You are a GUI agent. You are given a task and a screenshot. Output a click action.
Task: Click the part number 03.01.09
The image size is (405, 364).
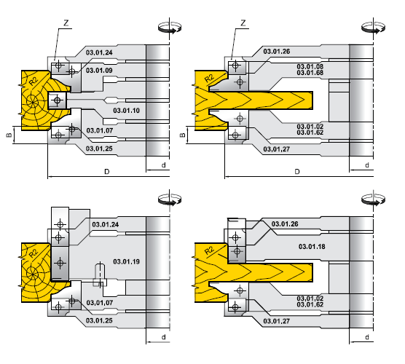pyautogui.click(x=99, y=70)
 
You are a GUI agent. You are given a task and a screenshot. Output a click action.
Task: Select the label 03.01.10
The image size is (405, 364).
pyautogui.click(x=126, y=111)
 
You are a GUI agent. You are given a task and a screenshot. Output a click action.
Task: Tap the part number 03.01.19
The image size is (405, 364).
pyautogui.click(x=126, y=261)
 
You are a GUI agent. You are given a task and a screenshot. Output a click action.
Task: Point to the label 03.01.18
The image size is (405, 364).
pyautogui.click(x=312, y=247)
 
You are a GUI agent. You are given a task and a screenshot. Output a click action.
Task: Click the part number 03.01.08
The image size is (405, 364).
pyautogui.click(x=310, y=66)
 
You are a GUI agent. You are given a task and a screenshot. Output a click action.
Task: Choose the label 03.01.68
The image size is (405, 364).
pyautogui.click(x=310, y=73)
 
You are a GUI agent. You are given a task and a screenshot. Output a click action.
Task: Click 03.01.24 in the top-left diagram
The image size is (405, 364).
pyautogui.click(x=99, y=52)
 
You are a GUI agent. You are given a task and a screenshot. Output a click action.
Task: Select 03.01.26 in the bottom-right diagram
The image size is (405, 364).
pyautogui.click(x=285, y=223)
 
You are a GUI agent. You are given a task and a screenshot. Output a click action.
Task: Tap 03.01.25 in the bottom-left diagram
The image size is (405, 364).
pyautogui.click(x=99, y=320)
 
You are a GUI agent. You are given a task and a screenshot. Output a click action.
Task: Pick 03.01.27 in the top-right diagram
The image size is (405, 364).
pyautogui.click(x=276, y=149)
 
